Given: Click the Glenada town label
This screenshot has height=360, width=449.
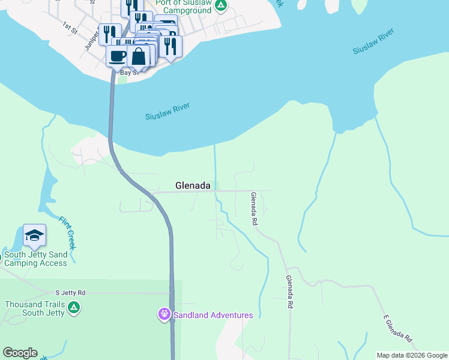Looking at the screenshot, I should point(193,186).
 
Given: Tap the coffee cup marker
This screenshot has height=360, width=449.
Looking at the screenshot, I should point(118,56).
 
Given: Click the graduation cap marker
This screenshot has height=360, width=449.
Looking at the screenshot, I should point(34,236).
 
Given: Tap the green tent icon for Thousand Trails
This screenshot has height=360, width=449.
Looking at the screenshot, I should point(74,308).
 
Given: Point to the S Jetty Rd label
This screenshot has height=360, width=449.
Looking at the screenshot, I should point(70,293).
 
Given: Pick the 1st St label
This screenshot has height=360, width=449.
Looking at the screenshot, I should point(71,26).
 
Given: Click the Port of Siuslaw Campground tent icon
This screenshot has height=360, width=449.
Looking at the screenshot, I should point(221,6).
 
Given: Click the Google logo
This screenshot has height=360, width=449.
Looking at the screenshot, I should point(20,353).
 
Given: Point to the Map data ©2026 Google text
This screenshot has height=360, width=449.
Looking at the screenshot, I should point(411,355).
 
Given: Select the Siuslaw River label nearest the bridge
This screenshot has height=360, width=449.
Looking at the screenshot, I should point(167,112).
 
